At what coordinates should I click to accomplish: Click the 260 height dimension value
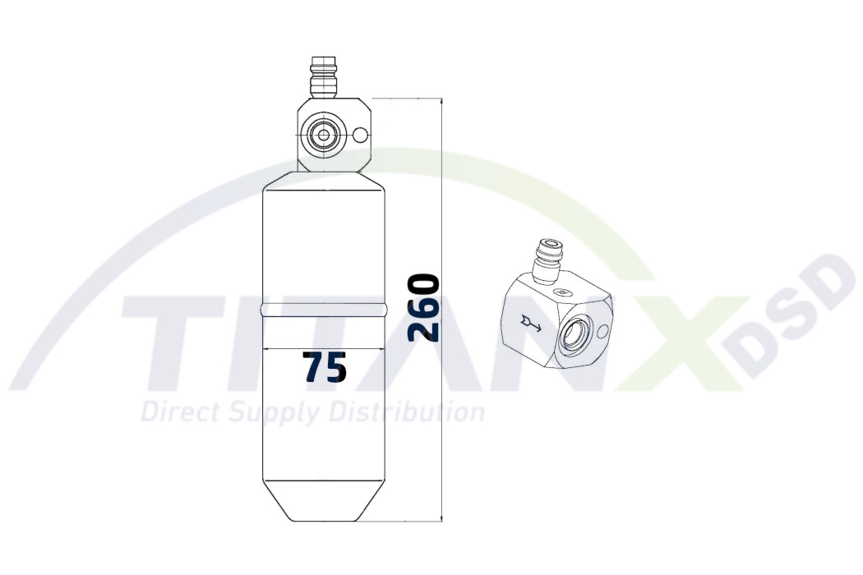tap(425, 309)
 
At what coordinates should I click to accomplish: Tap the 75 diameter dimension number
tap(324, 368)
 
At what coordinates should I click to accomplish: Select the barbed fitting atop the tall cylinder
tap(323, 77)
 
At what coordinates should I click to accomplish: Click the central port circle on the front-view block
tap(323, 135)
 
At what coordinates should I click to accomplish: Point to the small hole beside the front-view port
tap(360, 136)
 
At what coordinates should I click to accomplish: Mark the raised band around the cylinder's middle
tap(323, 310)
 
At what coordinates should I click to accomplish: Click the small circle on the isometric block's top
tap(562, 292)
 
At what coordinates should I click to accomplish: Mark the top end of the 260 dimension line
tap(442, 99)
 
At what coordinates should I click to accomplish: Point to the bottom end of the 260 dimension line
tap(442, 521)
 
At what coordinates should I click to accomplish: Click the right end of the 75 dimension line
tap(385, 350)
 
